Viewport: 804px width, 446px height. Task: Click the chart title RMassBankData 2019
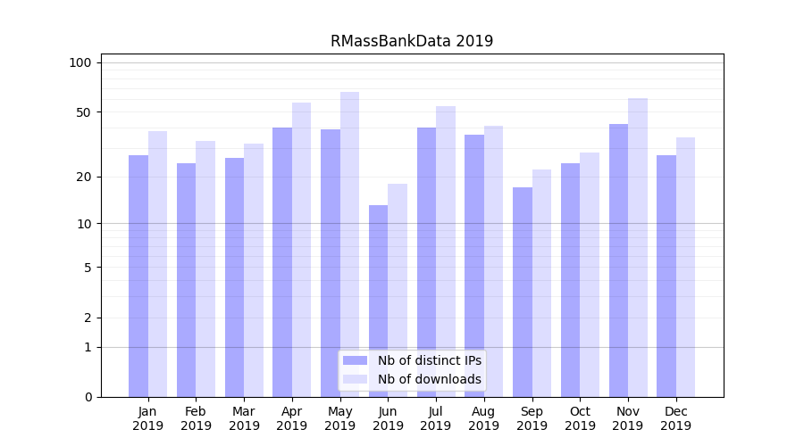411,41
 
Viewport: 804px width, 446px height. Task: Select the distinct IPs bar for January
138,276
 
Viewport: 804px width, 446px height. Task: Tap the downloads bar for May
349,244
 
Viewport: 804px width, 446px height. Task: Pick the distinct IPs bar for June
379,301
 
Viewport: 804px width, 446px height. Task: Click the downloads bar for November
637,247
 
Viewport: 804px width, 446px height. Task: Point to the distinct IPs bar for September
523,292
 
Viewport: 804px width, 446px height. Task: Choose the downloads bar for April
301,250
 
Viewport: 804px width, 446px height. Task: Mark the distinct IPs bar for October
571,280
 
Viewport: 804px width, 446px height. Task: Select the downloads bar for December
685,267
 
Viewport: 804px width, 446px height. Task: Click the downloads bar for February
205,268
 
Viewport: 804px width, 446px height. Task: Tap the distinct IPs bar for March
234,277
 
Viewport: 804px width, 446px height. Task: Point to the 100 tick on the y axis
80,62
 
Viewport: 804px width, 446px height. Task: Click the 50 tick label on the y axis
83,112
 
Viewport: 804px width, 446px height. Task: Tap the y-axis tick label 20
83,177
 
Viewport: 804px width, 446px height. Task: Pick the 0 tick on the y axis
88,397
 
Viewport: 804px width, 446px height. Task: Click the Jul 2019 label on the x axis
436,418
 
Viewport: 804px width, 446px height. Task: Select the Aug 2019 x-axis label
484,418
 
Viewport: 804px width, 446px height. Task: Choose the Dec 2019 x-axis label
676,418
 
